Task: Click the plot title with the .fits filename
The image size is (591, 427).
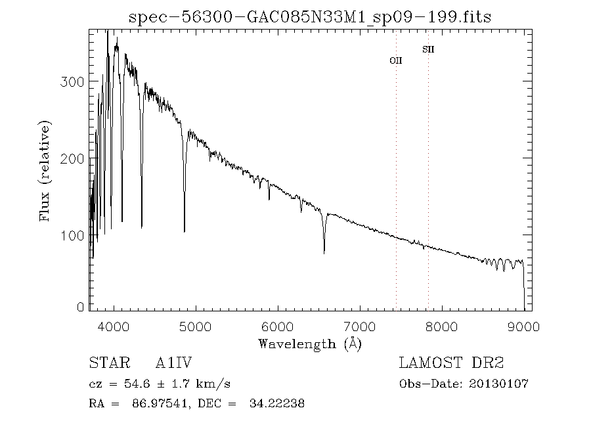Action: [x=309, y=16]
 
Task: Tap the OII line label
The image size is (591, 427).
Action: [x=396, y=60]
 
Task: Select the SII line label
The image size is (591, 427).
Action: [x=428, y=49]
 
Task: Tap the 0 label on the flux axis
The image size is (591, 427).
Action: [x=81, y=307]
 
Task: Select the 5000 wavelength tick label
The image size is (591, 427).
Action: [x=196, y=326]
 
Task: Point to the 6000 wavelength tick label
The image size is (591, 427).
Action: [x=278, y=326]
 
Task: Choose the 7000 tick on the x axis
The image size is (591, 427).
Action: [x=360, y=326]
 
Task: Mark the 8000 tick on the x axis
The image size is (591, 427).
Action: [x=442, y=326]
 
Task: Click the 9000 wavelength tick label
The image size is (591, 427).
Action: [x=523, y=326]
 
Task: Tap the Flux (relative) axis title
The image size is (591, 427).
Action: [x=45, y=169]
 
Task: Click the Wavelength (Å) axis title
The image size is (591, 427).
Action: [x=310, y=344]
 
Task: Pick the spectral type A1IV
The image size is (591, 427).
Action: [x=173, y=363]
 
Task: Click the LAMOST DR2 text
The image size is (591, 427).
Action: [x=451, y=363]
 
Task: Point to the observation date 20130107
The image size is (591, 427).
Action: [x=498, y=384]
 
